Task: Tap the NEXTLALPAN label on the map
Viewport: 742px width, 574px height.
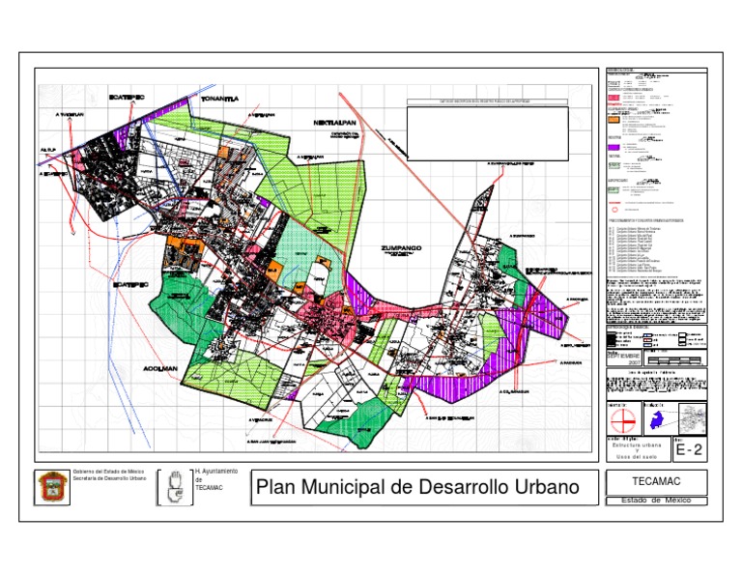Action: click(x=335, y=125)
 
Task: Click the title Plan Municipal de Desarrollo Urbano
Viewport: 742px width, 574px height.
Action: click(x=417, y=487)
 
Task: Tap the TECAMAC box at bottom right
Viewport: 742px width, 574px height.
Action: click(x=656, y=482)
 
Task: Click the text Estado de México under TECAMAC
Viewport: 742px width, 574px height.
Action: click(x=656, y=501)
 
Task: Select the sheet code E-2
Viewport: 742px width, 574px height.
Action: click(x=690, y=449)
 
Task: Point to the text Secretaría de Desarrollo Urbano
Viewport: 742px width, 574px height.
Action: click(x=109, y=478)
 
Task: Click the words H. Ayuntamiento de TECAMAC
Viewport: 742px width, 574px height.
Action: click(x=215, y=479)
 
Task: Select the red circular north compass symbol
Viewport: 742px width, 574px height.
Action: click(x=623, y=420)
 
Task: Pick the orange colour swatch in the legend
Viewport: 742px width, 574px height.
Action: click(x=613, y=122)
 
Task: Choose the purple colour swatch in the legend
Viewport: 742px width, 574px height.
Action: click(x=613, y=147)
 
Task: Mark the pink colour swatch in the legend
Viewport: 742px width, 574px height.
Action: click(x=613, y=98)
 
